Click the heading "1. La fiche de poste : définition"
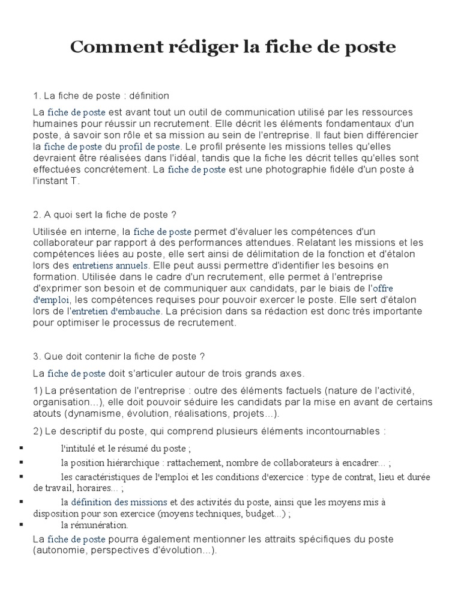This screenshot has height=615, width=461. pyautogui.click(x=101, y=95)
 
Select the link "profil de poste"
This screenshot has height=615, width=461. pyautogui.click(x=149, y=147)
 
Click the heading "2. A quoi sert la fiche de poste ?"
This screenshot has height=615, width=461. pyautogui.click(x=105, y=214)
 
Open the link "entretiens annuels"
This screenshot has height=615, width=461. pyautogui.click(x=110, y=265)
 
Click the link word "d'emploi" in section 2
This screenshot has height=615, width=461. pyautogui.click(x=52, y=300)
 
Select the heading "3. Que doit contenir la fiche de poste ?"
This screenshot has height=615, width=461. pyautogui.click(x=119, y=356)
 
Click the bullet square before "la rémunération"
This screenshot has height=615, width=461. pyautogui.click(x=22, y=525)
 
